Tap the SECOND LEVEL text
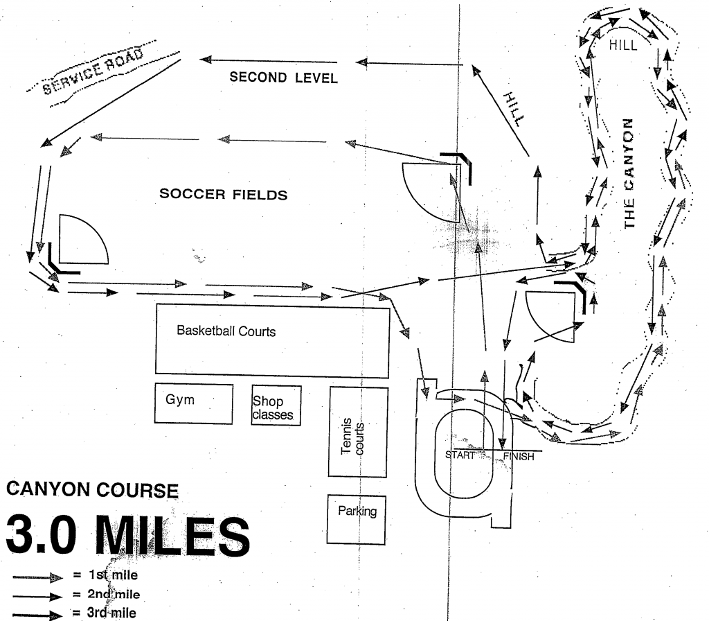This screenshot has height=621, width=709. coord(284,78)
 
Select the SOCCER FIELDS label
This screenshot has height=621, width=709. coord(223,195)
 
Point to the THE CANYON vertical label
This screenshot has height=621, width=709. coord(629,173)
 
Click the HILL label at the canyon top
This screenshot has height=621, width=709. coord(624,45)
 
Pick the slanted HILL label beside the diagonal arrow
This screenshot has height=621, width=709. coord(514,108)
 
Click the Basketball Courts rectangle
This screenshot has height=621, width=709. coord(272,340)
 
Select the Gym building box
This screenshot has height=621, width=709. coord(193,402)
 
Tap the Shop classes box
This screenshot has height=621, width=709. coord(276,405)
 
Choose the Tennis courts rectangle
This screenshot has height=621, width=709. coord(358,432)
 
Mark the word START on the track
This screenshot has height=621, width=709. coord(460,455)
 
